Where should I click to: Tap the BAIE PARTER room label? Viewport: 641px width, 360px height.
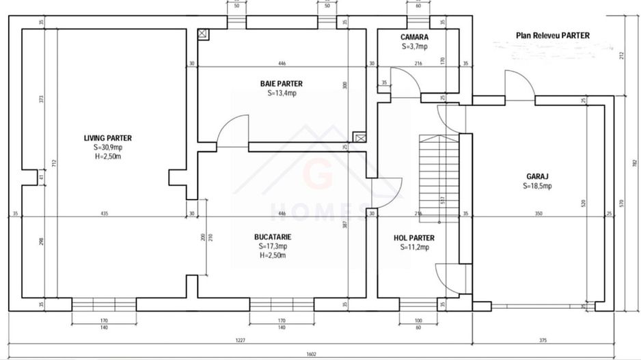click(281, 84)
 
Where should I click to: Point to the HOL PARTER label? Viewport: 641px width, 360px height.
click(414, 238)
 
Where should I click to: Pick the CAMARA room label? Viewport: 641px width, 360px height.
click(414, 38)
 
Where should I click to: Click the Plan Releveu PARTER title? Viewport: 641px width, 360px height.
click(553, 36)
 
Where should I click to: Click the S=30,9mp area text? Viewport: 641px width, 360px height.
click(107, 148)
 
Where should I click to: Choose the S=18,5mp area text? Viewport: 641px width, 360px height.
click(536, 185)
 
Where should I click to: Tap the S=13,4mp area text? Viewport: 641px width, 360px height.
click(282, 94)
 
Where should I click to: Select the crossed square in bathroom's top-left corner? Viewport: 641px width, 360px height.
click(202, 33)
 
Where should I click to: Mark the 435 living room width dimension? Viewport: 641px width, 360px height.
click(104, 214)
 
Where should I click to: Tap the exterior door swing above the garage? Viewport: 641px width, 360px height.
click(519, 83)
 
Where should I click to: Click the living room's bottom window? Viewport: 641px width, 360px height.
click(105, 304)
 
